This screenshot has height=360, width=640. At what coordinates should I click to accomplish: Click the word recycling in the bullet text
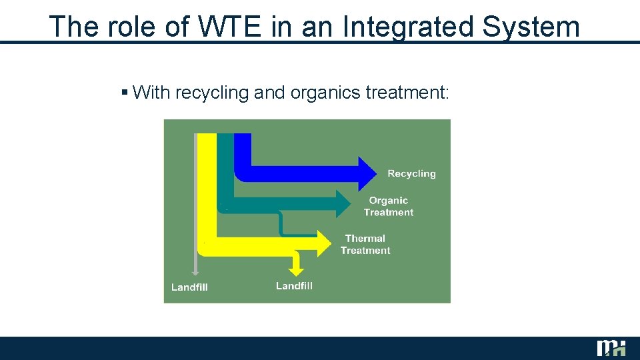coord(211,93)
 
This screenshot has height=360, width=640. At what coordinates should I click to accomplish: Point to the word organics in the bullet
coord(325,93)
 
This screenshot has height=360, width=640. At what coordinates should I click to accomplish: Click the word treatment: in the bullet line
coord(408,93)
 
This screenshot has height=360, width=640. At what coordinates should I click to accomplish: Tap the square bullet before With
coord(125,92)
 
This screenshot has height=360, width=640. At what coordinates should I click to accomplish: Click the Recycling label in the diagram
coord(411,173)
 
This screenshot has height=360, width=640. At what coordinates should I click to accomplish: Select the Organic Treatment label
coord(389,206)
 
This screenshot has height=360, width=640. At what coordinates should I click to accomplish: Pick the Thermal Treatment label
coord(365,244)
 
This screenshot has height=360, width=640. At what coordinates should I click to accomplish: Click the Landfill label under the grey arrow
coord(189,287)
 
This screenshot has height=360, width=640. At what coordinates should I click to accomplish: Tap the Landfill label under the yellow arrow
coord(294,286)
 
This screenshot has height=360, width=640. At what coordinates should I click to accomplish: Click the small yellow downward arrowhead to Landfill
coord(297,270)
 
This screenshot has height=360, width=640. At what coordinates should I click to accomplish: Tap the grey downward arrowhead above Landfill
coord(195,271)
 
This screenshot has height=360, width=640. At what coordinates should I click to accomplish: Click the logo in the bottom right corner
coord(611,348)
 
